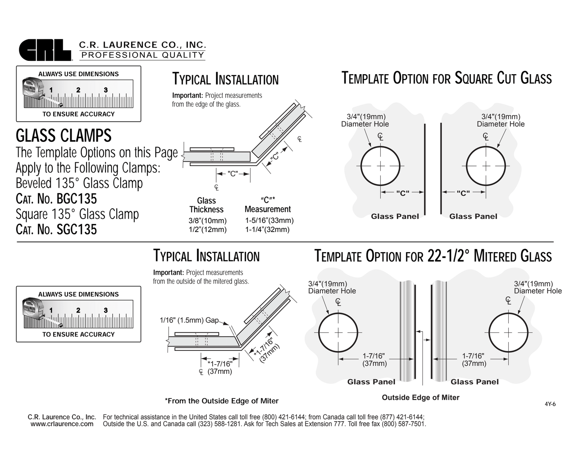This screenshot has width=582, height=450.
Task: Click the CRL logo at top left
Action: point(45,50)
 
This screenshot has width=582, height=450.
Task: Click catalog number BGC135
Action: point(56,199)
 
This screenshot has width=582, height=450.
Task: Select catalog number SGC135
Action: point(56,230)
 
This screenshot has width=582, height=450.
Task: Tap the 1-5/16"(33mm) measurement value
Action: point(269,220)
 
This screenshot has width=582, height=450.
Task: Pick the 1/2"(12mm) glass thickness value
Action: point(207,230)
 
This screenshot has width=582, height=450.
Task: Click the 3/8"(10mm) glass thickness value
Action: point(207,221)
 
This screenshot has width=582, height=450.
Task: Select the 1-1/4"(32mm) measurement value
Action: point(267,230)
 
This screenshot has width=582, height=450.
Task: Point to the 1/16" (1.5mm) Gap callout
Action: point(189,320)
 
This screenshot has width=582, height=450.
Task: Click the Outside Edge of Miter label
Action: point(420,398)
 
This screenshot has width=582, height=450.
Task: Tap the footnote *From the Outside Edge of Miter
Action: point(222,401)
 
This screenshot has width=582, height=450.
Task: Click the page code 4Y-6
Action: point(550,404)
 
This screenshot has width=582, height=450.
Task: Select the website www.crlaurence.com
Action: point(62,424)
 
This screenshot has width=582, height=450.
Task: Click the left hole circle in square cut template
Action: point(380,166)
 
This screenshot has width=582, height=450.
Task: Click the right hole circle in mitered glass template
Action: point(508,333)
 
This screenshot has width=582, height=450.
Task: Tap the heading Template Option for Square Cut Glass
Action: point(446,78)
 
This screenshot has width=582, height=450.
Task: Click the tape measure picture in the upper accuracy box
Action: point(79,93)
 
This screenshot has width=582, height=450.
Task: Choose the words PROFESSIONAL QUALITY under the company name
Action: point(143,55)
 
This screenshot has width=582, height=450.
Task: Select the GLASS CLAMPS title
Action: point(64,136)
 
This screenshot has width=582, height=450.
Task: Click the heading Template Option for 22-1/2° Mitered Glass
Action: point(433,256)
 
